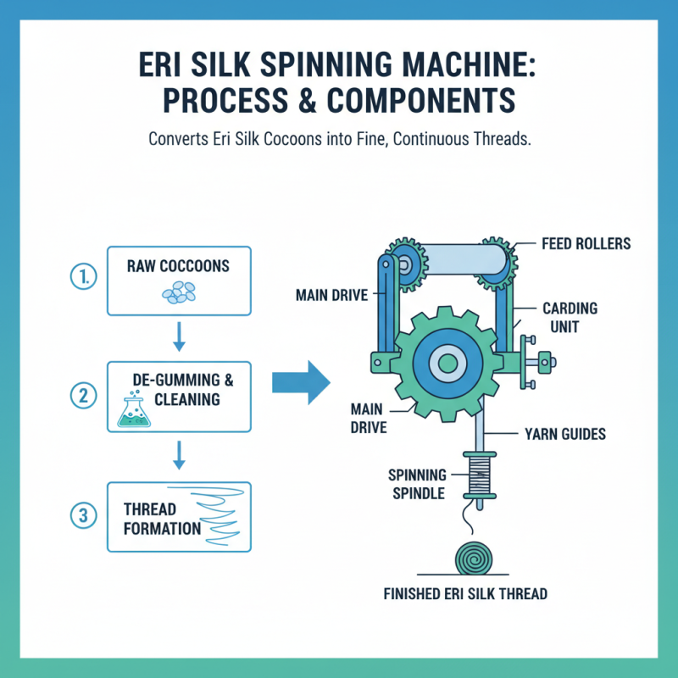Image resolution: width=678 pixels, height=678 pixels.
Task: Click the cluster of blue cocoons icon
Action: pos(179,293)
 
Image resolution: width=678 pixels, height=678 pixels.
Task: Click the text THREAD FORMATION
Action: pos(162,519)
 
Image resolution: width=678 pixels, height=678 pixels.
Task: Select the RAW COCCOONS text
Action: pos(178,265)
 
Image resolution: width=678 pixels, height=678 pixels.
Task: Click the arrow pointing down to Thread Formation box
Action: pos(179,455)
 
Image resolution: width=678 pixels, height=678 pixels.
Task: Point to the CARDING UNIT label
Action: pos(570,317)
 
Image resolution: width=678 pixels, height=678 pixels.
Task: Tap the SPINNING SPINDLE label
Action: pos(416,483)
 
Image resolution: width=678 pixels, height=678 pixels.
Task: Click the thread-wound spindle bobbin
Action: pos(480,475)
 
